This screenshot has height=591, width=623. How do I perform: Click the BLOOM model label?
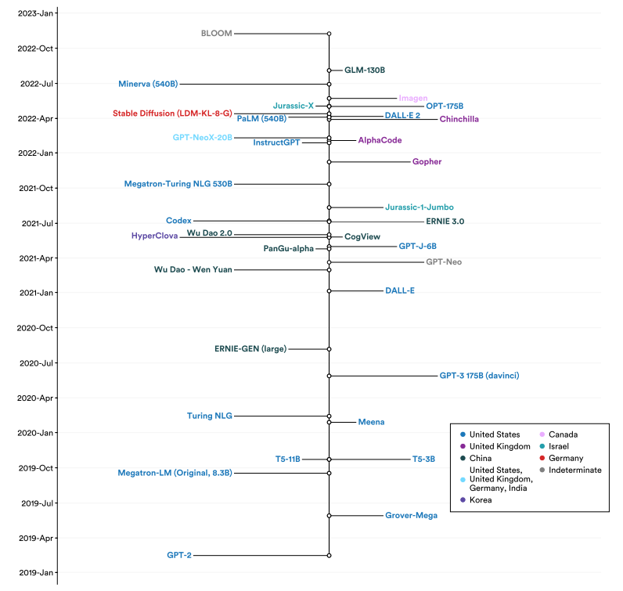pos(217,34)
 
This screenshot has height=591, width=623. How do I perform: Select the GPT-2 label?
pos(178,555)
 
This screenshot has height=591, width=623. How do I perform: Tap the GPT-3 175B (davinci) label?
pos(479,376)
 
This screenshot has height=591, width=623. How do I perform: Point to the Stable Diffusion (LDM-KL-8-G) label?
pos(172,114)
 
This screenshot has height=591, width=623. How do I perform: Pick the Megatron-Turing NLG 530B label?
pos(178,184)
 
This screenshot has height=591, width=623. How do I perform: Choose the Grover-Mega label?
pos(411,515)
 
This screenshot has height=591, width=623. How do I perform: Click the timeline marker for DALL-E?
pos(329,290)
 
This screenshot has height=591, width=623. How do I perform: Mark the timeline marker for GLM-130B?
pos(329,70)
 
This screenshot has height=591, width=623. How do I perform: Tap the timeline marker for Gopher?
pos(329,161)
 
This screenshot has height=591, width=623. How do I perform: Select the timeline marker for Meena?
pos(329,422)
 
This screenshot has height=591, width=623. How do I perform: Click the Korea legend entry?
pos(481,499)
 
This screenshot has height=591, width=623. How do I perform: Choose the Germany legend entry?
pos(566,458)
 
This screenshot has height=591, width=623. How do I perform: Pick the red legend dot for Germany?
pos(542,458)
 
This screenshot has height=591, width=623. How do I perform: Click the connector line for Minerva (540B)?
pos(254,84)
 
